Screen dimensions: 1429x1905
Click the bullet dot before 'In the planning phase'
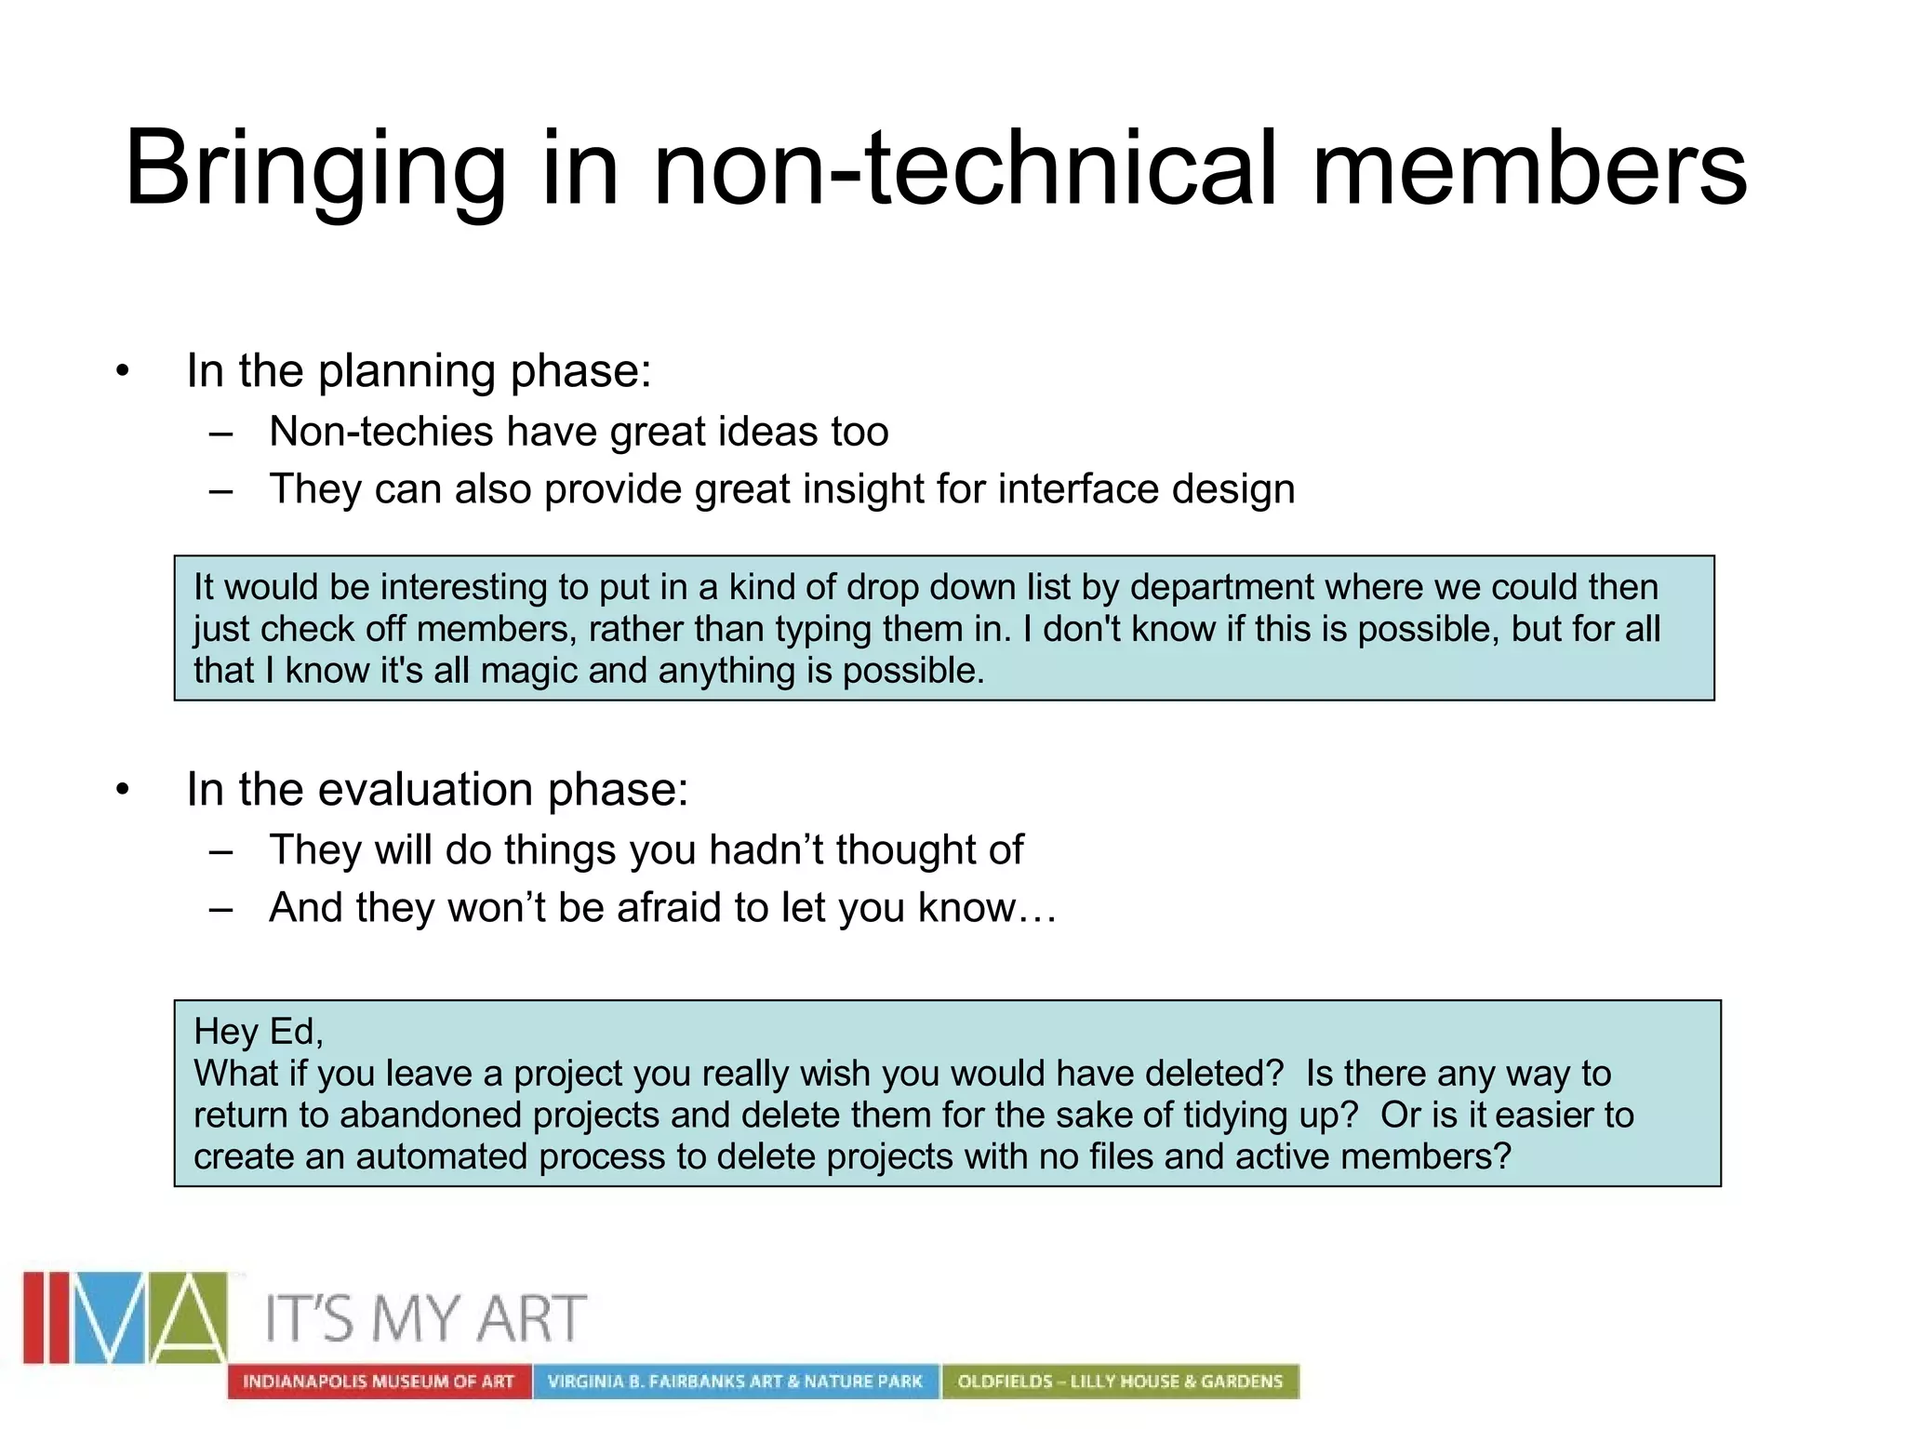click(123, 373)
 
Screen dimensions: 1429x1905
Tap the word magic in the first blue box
click(529, 671)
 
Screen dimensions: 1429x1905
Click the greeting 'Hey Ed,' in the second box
click(258, 1032)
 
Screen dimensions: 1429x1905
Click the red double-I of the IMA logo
click(47, 1317)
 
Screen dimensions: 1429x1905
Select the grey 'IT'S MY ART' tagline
click(426, 1319)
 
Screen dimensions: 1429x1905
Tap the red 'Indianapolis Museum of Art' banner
click(379, 1382)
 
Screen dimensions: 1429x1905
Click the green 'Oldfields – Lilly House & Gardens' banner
click(1120, 1382)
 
